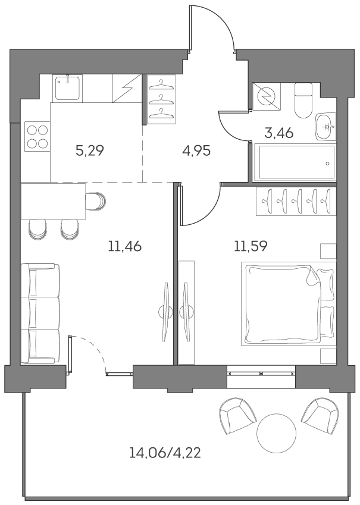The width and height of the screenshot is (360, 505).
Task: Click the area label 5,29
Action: tap(90, 150)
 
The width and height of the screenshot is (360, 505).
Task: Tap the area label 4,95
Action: tap(196, 150)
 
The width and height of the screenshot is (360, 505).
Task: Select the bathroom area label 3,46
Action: tap(278, 133)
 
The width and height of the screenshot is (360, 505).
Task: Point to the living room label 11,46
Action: tap(125, 245)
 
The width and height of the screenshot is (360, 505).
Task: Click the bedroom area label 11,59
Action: tap(250, 245)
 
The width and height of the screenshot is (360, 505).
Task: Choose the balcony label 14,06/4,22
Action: tap(165, 453)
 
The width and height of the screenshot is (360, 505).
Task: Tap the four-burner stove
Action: tap(37, 136)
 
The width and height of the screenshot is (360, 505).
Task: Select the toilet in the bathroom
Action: tap(303, 99)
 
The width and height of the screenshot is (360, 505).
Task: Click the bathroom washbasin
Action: tap(325, 126)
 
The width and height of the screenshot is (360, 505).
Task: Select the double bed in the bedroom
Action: tap(288, 305)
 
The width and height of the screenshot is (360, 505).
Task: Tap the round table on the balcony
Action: tap(276, 434)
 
